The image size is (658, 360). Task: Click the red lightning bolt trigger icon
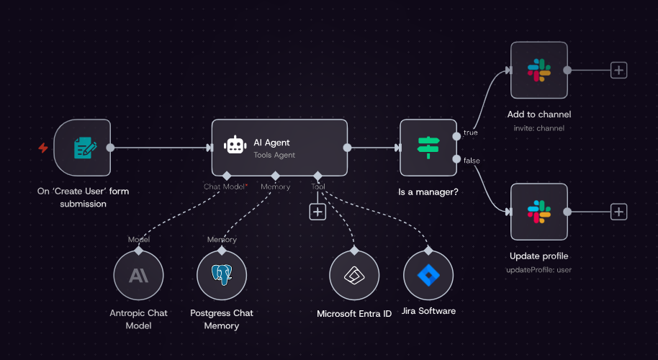point(42,148)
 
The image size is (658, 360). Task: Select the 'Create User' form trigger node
point(82,148)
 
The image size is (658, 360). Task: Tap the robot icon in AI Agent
point(235,145)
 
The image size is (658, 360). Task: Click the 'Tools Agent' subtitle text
point(274,155)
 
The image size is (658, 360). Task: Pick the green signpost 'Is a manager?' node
point(428,148)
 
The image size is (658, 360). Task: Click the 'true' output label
point(470,132)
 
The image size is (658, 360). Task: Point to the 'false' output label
point(472,161)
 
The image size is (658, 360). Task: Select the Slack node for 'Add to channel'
point(539,70)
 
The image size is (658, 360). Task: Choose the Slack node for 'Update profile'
point(539,212)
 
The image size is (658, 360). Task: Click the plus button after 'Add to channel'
point(618,70)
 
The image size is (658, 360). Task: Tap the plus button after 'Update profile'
point(618,212)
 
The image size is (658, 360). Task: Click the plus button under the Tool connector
point(317,212)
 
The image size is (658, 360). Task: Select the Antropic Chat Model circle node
point(138,275)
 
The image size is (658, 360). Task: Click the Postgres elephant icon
point(222,275)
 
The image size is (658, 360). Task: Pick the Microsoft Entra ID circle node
point(354,275)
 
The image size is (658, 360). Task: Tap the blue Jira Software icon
point(428,275)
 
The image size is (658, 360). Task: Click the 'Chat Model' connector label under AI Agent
point(224,186)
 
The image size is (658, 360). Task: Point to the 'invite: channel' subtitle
point(538,128)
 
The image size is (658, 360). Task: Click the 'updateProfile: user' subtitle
point(538,270)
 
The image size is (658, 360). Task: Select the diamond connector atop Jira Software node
point(428,251)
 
